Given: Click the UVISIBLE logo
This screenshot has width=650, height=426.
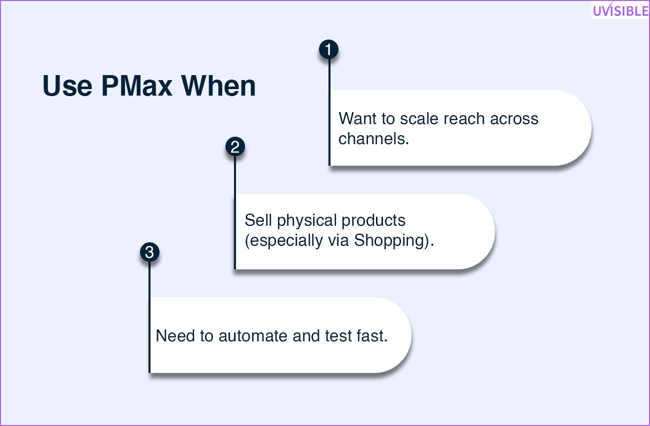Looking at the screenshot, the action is coord(620,10).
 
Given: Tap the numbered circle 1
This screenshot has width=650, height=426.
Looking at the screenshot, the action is coord(328,50).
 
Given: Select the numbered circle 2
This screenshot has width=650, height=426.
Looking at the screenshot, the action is coord(235,147).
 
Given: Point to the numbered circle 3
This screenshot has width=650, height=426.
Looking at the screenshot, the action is coord(149,252).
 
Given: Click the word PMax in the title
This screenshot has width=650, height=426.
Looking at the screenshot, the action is coord(136,86).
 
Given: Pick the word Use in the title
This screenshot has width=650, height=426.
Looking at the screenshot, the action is coord(67,86).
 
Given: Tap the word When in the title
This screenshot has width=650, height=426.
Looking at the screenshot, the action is coord(218,86).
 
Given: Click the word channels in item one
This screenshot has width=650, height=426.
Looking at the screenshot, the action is coord(374,139).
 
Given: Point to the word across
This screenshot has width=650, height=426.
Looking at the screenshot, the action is coord(514,119).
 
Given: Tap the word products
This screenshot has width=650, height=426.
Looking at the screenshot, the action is coord(373,220).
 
